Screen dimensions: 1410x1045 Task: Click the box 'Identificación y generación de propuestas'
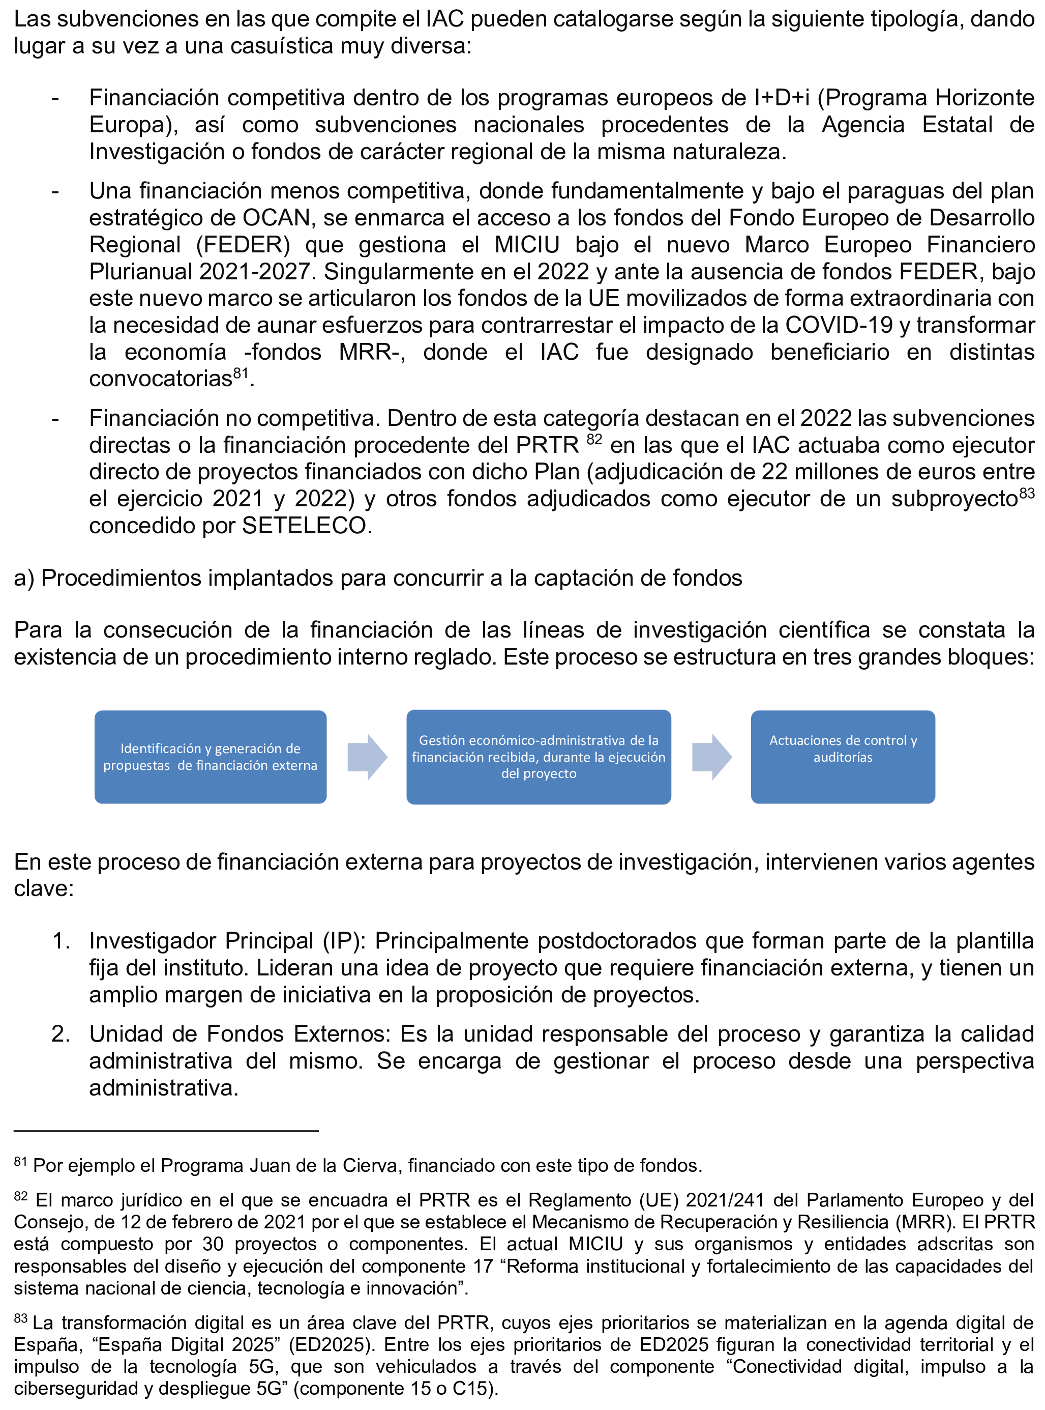click(210, 757)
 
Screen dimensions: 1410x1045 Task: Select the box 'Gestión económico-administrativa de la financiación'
click(539, 757)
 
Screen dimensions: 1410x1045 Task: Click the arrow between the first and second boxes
click(367, 757)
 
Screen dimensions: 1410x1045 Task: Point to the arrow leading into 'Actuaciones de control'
click(711, 757)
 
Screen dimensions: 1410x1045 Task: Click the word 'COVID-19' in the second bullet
click(838, 325)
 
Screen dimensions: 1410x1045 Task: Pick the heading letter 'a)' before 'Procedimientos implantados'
click(24, 578)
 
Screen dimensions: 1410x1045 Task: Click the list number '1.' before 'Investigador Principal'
click(61, 941)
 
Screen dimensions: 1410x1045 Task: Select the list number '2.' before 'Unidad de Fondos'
click(61, 1034)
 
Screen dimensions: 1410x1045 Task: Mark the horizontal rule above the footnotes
click(166, 1130)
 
